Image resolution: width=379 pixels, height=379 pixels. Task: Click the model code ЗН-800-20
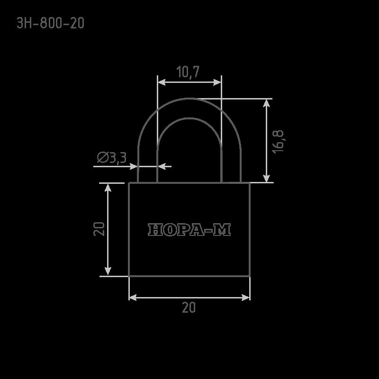tap(50, 23)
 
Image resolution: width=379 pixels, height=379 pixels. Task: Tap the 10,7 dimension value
tap(188, 72)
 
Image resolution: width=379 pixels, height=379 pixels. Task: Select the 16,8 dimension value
tap(278, 141)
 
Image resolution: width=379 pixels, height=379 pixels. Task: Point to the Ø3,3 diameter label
tap(112, 158)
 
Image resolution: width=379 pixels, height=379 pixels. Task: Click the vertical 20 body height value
tap(99, 229)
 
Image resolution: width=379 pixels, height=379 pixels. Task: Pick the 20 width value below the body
tap(189, 307)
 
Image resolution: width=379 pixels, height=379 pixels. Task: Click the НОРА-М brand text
tap(189, 229)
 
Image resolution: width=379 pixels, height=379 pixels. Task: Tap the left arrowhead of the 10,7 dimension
tap(162, 82)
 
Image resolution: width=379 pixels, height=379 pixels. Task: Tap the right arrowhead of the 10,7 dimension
tap(217, 82)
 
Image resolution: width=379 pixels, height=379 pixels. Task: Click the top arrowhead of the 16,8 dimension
tap(266, 103)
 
